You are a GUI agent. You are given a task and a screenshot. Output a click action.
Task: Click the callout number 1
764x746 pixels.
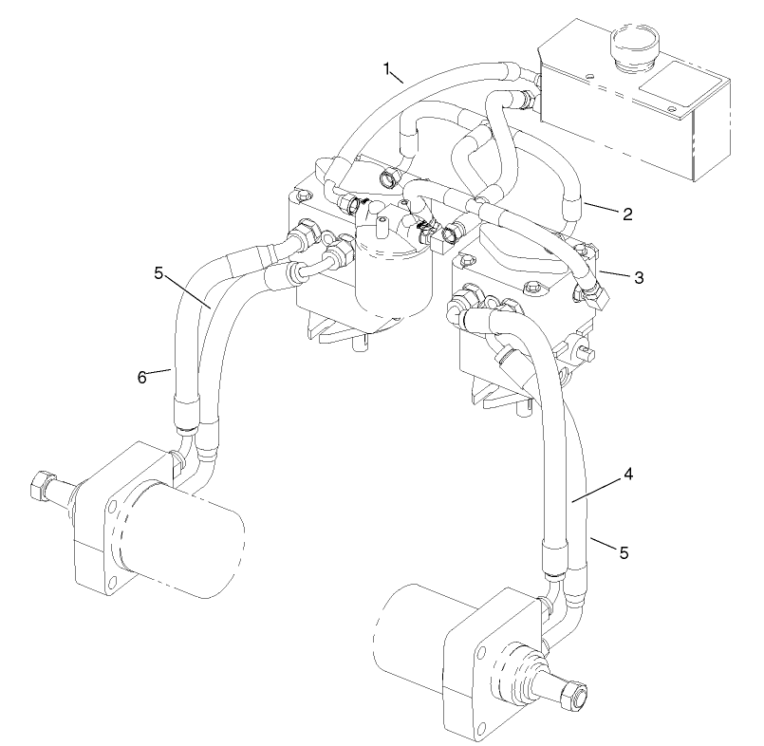[387, 68]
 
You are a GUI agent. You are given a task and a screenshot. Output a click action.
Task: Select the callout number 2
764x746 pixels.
[627, 214]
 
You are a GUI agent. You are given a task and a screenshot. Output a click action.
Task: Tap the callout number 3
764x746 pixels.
[640, 277]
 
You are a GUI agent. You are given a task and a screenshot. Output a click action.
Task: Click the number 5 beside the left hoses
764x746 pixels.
[160, 273]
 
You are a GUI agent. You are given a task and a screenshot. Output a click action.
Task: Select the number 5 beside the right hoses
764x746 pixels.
[624, 550]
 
